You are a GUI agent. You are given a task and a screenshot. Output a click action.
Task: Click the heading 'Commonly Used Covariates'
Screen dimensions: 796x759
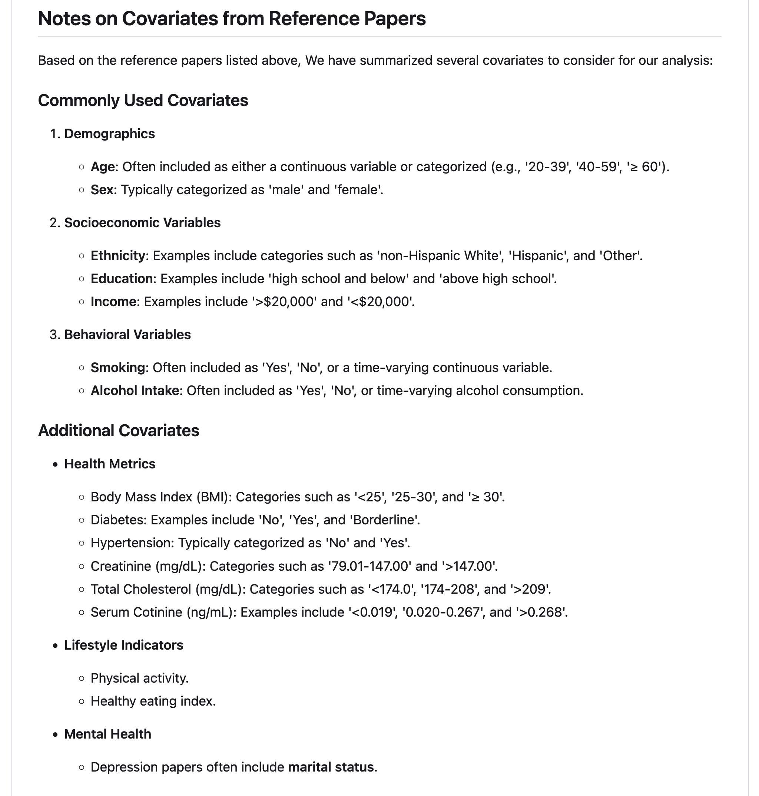pos(143,100)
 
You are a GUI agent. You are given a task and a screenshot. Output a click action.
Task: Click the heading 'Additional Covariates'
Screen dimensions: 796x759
pos(119,430)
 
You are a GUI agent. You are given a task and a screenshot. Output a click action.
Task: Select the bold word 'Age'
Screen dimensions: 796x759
pos(102,167)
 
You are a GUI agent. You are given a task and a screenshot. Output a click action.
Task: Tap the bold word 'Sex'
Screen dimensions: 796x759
pos(102,190)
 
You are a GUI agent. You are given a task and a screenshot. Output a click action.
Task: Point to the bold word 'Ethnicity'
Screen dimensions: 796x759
pos(118,256)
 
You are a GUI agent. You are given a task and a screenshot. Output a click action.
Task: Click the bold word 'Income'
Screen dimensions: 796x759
pos(113,302)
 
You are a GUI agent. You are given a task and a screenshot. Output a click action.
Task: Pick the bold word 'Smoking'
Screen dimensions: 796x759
pos(118,368)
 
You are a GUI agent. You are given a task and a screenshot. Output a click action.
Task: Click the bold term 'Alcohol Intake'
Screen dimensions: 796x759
pos(135,391)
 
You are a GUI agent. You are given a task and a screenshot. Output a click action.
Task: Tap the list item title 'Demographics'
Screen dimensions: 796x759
pos(109,134)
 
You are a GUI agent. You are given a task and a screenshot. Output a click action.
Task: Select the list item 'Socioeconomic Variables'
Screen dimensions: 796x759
pos(142,223)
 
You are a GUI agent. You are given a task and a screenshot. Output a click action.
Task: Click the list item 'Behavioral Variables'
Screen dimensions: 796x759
pos(127,335)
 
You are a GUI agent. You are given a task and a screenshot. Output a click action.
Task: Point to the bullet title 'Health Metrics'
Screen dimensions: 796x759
pos(110,464)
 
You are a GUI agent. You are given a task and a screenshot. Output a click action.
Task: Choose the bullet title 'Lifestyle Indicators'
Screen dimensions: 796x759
pos(124,645)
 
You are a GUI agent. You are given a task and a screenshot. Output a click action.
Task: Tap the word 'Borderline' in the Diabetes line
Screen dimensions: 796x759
pos(384,520)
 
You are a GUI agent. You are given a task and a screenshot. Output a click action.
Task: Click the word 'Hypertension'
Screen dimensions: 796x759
pos(132,543)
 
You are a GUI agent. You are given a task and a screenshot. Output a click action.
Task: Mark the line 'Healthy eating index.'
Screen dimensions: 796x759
pos(153,701)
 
